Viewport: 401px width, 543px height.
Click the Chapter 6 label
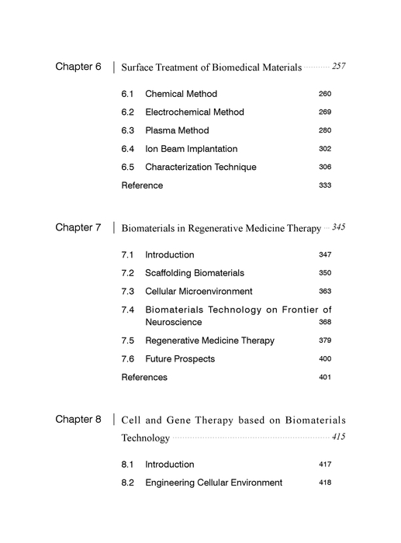78,67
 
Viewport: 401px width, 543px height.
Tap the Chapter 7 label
78,228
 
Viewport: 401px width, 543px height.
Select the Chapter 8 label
78,420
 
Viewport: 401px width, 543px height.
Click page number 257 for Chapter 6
338,67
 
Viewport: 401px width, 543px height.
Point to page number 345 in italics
338,228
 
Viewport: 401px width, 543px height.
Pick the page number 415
338,438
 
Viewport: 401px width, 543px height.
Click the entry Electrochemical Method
194,112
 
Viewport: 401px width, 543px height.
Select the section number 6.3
128,130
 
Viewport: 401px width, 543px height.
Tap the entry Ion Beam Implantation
191,149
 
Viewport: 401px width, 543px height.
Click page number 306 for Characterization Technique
325,168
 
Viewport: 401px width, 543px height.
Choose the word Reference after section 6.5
142,185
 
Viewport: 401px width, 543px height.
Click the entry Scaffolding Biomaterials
194,273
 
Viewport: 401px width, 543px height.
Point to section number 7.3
128,292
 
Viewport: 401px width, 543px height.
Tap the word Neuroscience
173,322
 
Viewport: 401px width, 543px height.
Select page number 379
325,341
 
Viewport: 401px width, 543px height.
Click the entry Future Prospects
180,359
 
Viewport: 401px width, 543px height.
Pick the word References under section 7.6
144,378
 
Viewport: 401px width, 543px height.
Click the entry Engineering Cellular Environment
213,483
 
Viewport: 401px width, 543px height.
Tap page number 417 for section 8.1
325,465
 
